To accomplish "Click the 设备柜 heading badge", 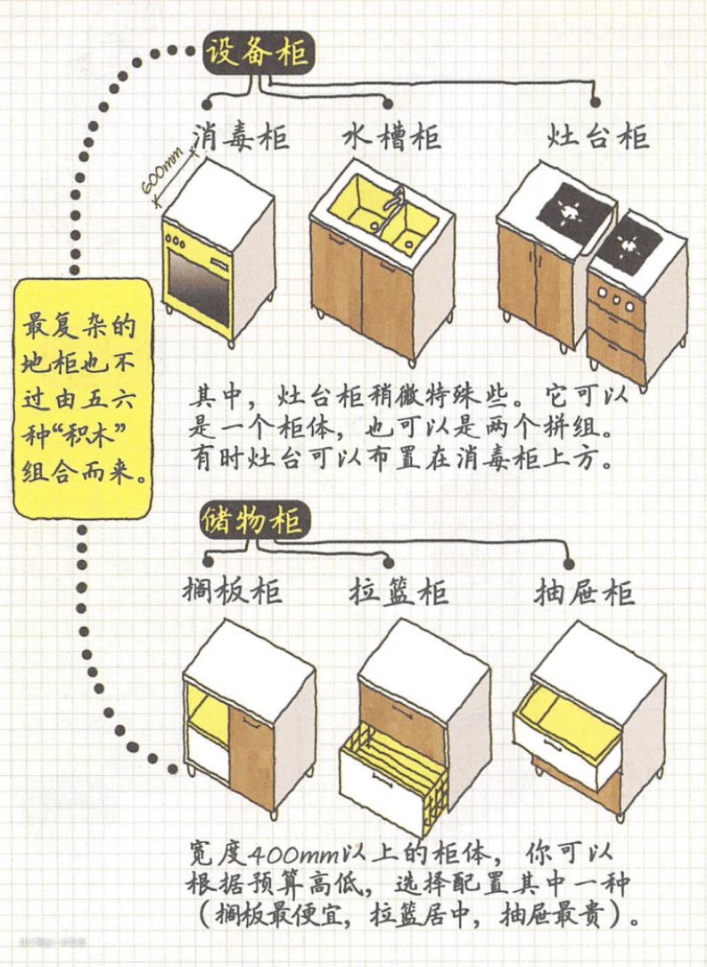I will [x=257, y=53].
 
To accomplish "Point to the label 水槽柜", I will [x=391, y=137].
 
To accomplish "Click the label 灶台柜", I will [x=597, y=137].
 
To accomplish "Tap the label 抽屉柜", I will [x=585, y=591].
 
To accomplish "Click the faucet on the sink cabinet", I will [x=399, y=198].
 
